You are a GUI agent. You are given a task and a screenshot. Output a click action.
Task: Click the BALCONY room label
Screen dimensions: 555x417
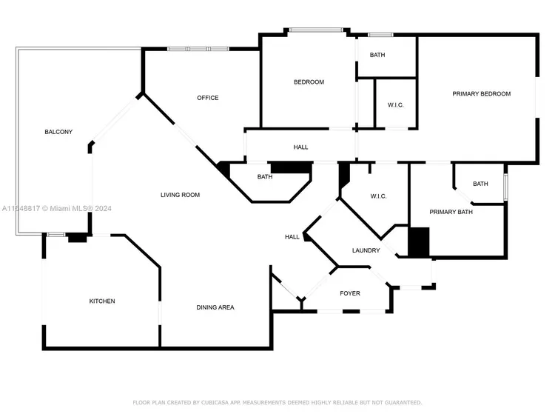pos(58,132)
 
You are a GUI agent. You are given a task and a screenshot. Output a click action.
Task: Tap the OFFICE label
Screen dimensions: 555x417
pos(208,98)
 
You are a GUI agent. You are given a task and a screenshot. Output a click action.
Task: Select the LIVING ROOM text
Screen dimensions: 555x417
pos(180,195)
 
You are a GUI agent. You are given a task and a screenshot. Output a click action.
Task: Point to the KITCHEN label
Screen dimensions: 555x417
pos(102,301)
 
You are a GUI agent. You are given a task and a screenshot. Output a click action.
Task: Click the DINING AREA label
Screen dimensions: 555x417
pos(215,307)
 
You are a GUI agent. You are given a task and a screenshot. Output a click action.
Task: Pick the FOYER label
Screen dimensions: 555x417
pos(350,293)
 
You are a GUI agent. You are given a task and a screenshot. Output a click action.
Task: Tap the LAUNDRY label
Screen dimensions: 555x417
pos(366,250)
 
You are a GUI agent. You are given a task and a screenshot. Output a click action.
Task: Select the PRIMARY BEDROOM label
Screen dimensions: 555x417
pos(482,94)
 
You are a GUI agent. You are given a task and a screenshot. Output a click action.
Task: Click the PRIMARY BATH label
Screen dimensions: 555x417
pos(451,212)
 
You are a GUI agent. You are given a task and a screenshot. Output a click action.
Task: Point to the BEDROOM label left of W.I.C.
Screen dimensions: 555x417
pos(309,82)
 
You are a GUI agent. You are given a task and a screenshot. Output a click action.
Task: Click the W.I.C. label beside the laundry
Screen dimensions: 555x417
pos(378,196)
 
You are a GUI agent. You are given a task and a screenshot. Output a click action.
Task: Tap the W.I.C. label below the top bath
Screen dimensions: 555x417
pos(395,105)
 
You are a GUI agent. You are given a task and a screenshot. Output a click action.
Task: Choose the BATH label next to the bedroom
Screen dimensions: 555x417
pos(377,55)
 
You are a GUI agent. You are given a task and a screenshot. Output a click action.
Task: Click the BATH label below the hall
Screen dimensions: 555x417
pos(265,177)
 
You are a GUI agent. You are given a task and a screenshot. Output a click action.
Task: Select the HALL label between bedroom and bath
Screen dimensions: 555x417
pos(300,147)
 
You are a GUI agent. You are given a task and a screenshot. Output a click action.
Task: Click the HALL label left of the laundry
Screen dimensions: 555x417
pos(292,237)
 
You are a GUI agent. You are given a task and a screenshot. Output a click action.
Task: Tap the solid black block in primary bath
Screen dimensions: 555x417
pos(419,242)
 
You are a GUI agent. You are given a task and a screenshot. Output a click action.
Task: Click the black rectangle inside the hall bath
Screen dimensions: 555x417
pos(292,168)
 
